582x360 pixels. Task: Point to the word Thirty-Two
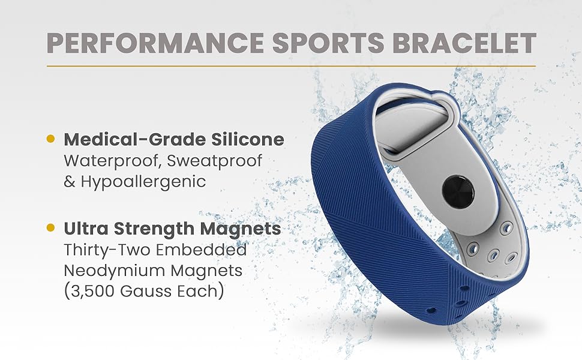(x=103, y=250)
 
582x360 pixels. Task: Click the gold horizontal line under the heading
(x=291, y=65)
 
